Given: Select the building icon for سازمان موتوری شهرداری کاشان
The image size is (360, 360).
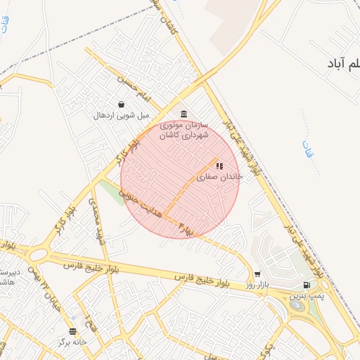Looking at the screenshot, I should point(184,115).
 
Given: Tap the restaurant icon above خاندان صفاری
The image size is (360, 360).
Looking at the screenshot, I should point(219,167).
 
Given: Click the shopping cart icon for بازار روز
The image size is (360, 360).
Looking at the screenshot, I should point(257,274).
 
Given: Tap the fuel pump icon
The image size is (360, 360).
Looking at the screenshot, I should point(306,285).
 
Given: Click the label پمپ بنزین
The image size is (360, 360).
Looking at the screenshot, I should point(303,297).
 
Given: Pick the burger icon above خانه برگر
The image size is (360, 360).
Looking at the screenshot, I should point(72,331).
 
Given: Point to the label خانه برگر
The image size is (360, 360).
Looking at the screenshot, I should point(73,342).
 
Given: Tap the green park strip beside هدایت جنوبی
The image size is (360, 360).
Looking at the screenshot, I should point(112,193).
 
